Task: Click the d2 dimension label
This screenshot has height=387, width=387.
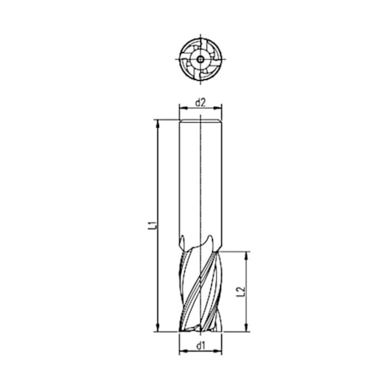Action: (200, 103)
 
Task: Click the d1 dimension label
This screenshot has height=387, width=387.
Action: (200, 345)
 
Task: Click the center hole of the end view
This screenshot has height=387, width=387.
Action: (200, 59)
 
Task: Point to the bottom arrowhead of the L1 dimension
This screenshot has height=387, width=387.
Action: (158, 329)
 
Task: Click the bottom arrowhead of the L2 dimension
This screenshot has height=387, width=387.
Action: (247, 329)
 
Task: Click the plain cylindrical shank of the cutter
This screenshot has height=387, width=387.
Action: (200, 177)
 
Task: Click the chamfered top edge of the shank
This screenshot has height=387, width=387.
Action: (200, 120)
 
